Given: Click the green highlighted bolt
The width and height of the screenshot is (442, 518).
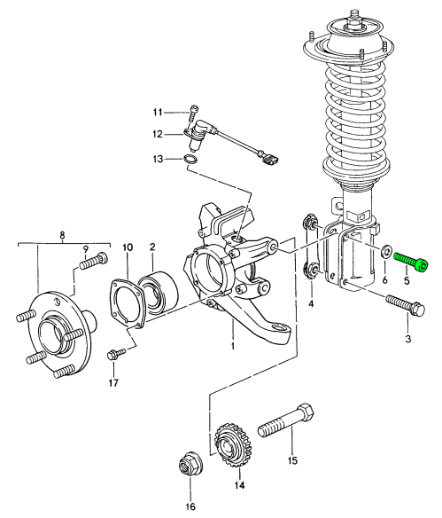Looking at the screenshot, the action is click(x=411, y=262).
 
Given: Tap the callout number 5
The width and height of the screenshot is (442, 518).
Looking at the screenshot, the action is click(x=407, y=281).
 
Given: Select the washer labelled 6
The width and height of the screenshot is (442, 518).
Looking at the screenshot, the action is click(x=385, y=252).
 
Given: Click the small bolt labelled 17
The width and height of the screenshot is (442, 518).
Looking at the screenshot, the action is click(x=116, y=354).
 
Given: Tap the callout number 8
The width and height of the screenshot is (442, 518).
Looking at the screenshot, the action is click(x=62, y=235).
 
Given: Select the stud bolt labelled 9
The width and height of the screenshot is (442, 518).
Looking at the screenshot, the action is click(x=95, y=261).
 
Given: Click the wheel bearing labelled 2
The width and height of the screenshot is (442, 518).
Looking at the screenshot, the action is click(x=159, y=294).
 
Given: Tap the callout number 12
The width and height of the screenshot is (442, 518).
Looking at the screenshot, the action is click(x=158, y=135).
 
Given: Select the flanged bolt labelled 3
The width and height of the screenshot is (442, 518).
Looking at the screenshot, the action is click(x=405, y=304).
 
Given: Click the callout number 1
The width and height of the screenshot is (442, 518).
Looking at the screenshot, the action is click(x=233, y=346).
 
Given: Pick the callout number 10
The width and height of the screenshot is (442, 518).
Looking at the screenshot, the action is click(x=128, y=247).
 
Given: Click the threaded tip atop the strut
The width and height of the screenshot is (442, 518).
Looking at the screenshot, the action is click(x=355, y=15).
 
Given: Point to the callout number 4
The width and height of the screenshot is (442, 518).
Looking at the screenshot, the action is click(x=311, y=303).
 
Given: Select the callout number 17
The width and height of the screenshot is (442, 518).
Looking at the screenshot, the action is click(x=113, y=383).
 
